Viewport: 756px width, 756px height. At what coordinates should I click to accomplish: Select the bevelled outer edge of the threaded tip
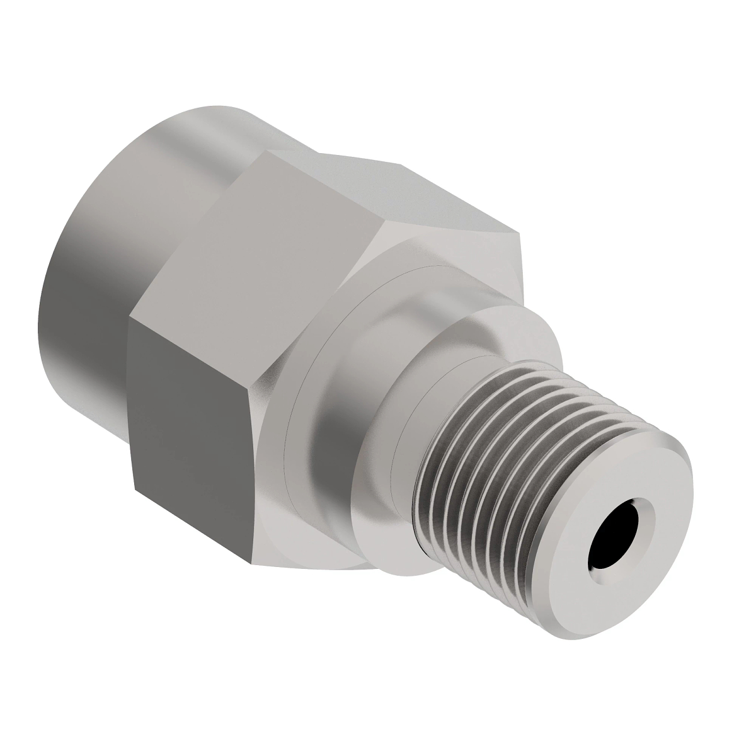(x=677, y=479)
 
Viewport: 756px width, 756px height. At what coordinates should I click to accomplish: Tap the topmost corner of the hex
(x=268, y=151)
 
